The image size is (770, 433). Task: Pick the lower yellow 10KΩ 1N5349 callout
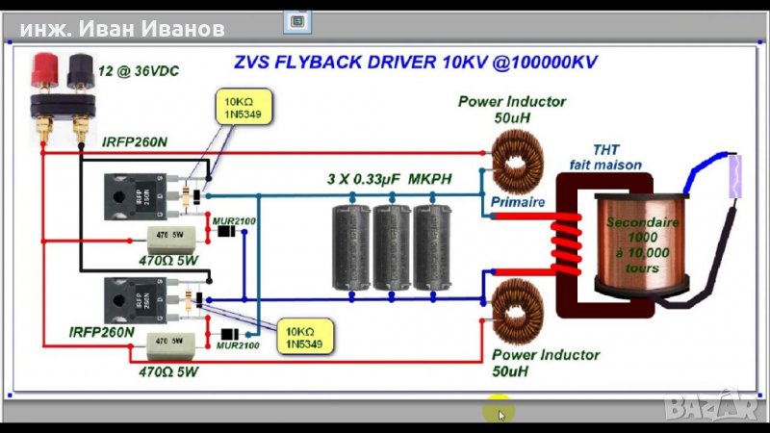[305, 335]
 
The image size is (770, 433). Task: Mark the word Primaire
[518, 203]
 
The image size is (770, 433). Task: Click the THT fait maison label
[604, 157]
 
